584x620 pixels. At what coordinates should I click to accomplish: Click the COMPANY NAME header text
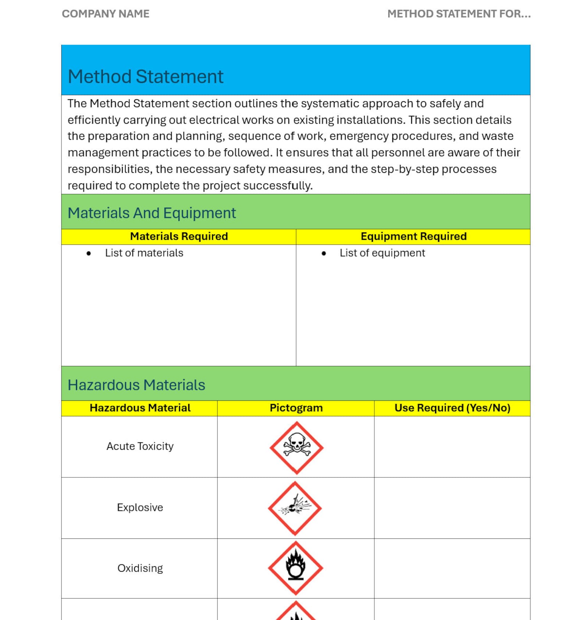(x=105, y=14)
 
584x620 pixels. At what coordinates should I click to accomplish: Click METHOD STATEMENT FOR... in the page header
(x=459, y=14)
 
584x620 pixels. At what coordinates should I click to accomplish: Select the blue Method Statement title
(x=145, y=77)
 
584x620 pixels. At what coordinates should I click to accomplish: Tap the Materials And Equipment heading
(x=152, y=213)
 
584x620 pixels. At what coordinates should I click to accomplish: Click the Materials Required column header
(x=179, y=236)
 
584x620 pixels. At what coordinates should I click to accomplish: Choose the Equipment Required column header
(x=413, y=236)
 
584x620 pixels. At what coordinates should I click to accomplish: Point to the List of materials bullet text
(x=144, y=253)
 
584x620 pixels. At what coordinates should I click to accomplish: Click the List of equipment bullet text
(x=382, y=253)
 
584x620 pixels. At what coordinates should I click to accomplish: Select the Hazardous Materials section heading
(x=136, y=385)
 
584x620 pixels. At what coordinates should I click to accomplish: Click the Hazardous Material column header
(x=140, y=408)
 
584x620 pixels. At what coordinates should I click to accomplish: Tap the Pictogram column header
(x=296, y=408)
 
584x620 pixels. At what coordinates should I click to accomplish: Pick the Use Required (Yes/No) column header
(x=452, y=408)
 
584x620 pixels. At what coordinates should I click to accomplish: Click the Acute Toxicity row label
(x=140, y=446)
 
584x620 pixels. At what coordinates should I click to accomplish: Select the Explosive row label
(x=140, y=507)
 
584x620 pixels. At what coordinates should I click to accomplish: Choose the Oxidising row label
(x=140, y=568)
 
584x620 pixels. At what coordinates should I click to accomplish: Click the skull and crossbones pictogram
(x=296, y=448)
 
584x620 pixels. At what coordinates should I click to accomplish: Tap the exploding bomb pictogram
(x=295, y=508)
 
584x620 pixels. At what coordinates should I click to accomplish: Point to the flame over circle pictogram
(x=296, y=568)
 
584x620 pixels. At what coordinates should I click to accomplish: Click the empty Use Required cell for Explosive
(x=452, y=508)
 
